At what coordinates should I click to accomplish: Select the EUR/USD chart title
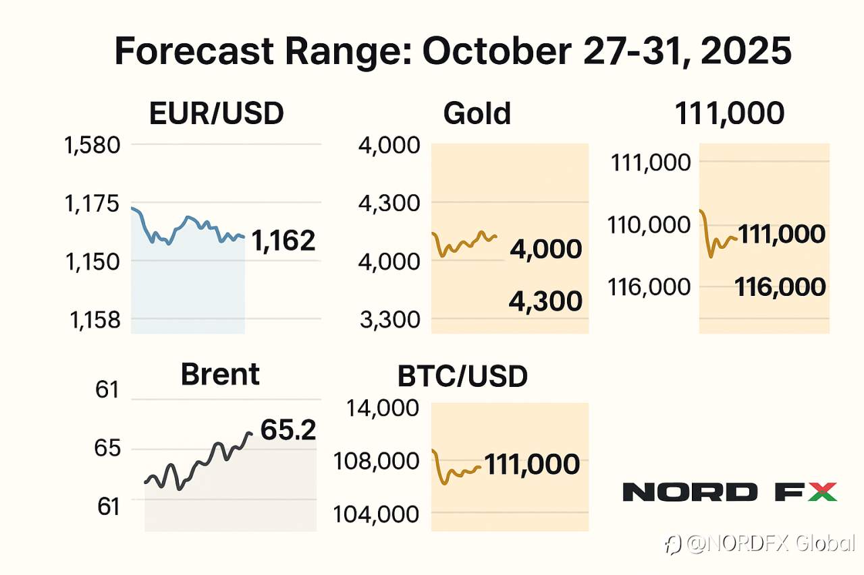click(x=216, y=114)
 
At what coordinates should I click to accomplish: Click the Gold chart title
click(x=477, y=114)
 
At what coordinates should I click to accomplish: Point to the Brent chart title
click(x=220, y=374)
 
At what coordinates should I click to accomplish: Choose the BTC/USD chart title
click(x=462, y=377)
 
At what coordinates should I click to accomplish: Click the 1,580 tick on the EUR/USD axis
click(x=92, y=145)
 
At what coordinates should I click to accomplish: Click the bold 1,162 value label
click(x=283, y=240)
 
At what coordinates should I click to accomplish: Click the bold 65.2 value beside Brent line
click(x=288, y=430)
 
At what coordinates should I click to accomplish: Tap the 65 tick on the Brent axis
click(x=108, y=448)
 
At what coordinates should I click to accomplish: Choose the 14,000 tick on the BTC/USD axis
click(x=373, y=408)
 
